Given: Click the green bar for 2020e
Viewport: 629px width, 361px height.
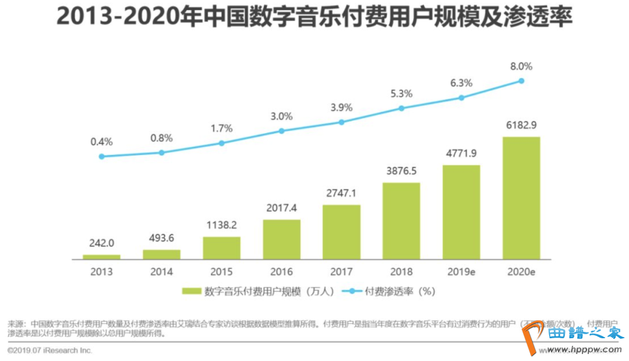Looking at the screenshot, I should click(521, 198).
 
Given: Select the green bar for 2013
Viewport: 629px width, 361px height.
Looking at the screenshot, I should click(101, 257).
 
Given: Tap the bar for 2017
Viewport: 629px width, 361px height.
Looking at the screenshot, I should click(341, 232).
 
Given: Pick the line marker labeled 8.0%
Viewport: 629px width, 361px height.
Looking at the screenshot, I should click(522, 81).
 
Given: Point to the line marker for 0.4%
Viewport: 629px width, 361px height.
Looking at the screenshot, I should click(101, 156).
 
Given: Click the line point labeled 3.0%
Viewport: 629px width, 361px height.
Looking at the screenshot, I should click(281, 131).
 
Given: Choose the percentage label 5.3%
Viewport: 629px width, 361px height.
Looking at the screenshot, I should click(401, 93).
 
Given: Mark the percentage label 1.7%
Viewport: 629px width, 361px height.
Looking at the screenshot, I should click(221, 128).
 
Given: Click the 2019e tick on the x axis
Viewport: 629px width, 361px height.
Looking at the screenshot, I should click(461, 272).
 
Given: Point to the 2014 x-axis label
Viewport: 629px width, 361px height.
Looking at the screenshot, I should click(161, 272).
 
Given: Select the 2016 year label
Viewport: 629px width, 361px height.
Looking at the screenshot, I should click(281, 272).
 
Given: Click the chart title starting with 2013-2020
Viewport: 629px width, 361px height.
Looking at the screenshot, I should click(314, 17).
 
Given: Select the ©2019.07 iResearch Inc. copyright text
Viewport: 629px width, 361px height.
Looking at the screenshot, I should click(50, 351).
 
